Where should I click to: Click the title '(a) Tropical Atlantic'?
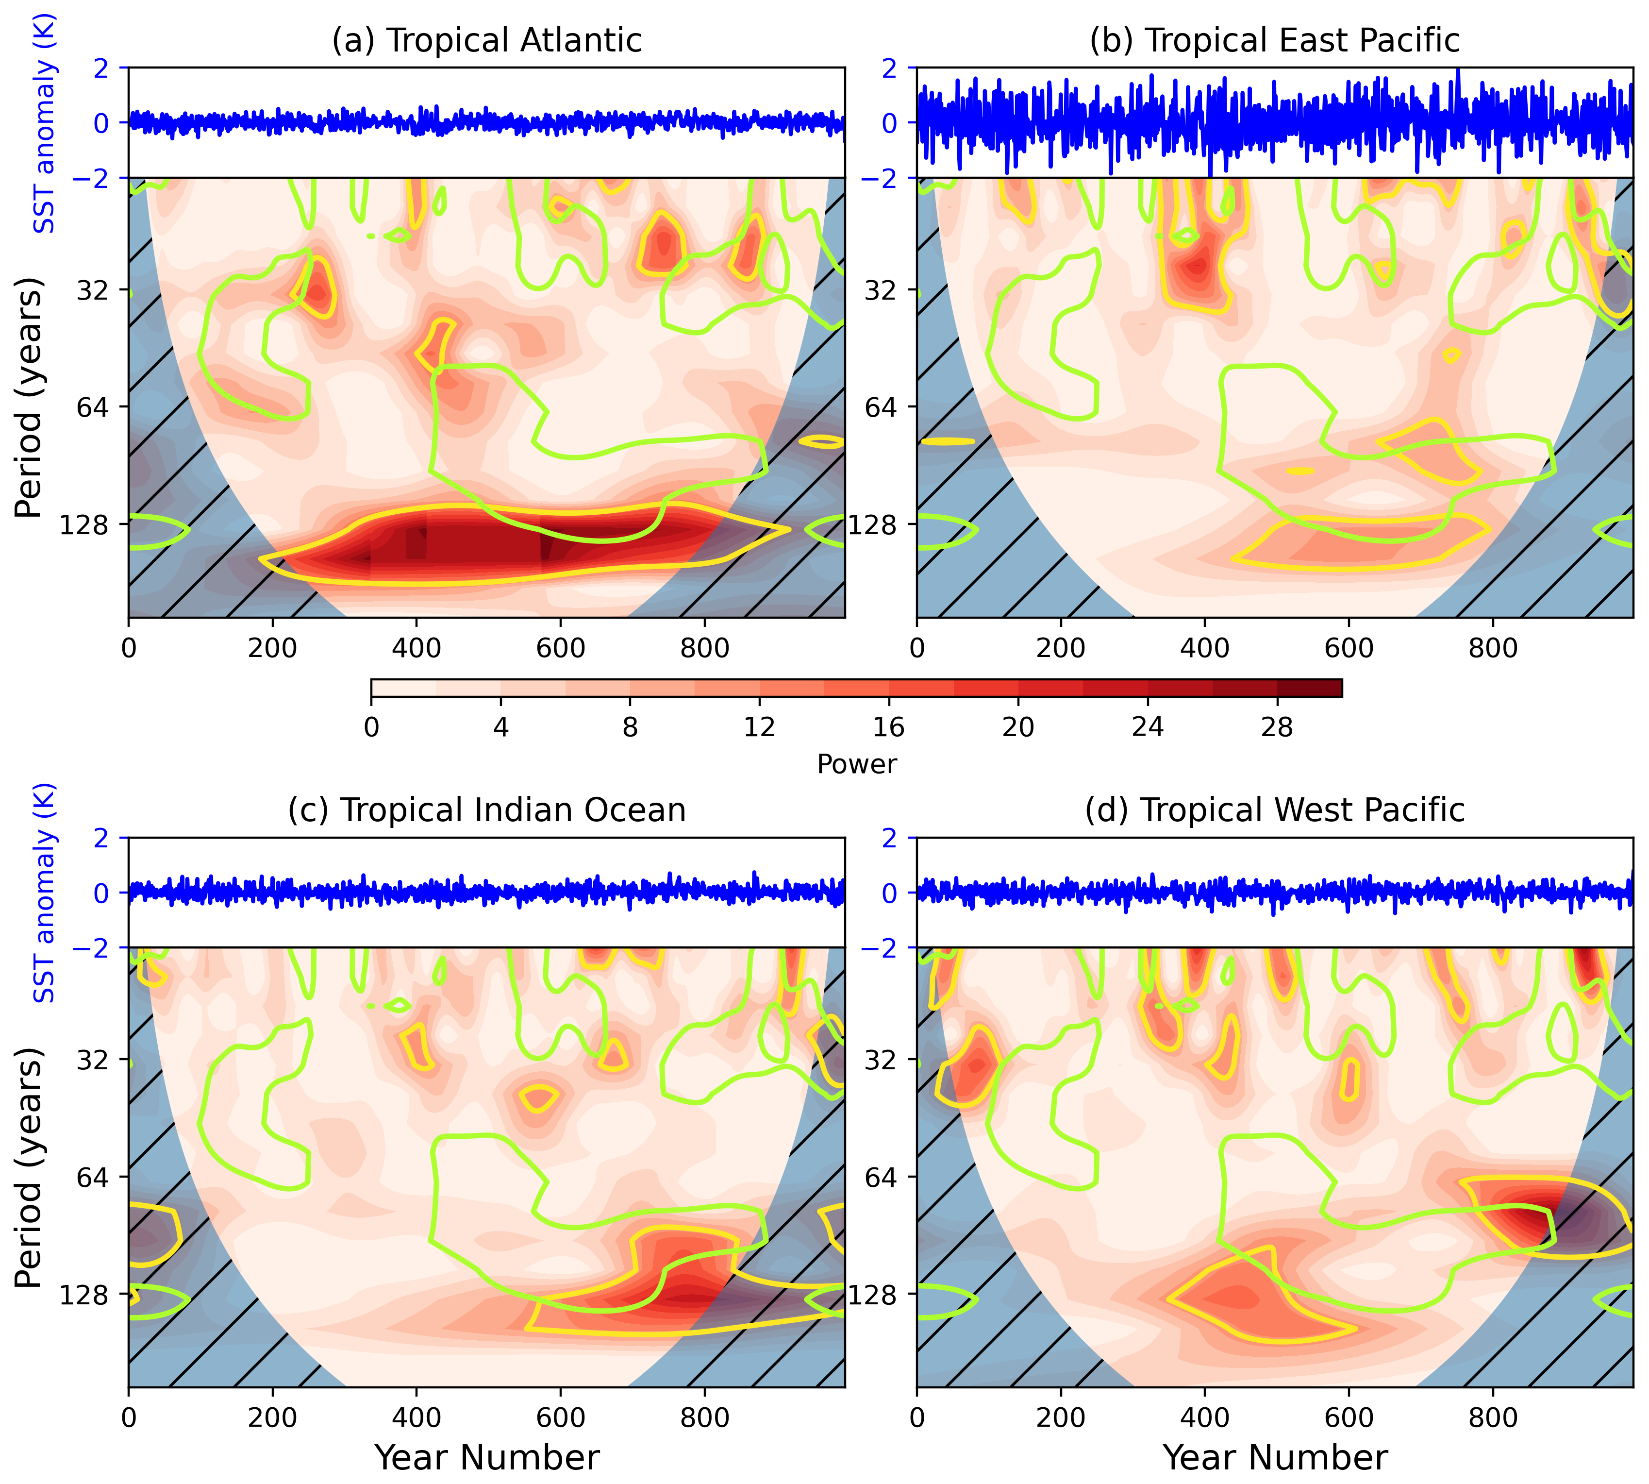(x=486, y=40)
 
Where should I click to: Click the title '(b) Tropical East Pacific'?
(x=1274, y=40)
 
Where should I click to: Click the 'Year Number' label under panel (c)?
(x=486, y=1457)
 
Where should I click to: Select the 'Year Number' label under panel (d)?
(x=1274, y=1457)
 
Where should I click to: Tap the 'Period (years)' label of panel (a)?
(x=29, y=397)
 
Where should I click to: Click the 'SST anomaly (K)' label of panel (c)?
(x=44, y=893)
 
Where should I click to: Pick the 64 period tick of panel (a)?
(x=92, y=407)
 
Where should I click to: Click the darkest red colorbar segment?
(x=1309, y=688)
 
